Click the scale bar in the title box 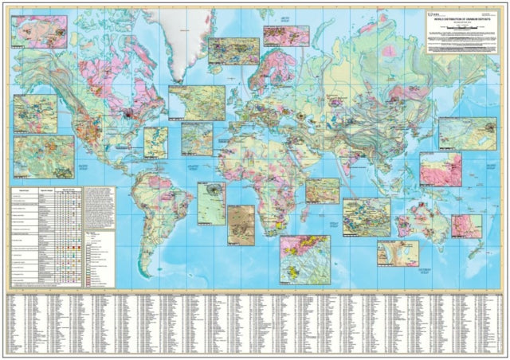coord(460,25)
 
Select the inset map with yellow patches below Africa coord(305,259)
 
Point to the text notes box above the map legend coord(99,209)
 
